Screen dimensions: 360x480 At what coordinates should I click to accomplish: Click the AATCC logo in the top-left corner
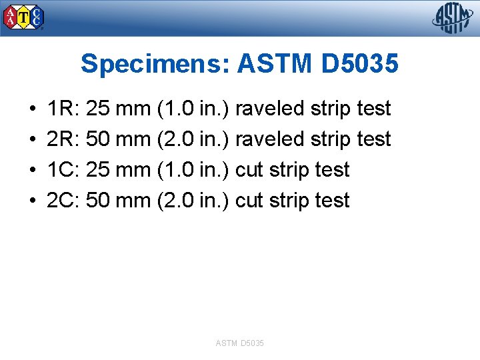pos(24,17)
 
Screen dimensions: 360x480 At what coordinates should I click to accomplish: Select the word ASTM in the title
pos(275,65)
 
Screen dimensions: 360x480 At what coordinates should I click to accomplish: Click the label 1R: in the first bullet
pos(64,109)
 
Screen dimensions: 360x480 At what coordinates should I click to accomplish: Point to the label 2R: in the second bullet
pos(64,139)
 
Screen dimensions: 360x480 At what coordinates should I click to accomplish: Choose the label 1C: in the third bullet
pos(64,170)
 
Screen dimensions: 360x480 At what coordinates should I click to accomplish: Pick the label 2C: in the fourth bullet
pos(64,201)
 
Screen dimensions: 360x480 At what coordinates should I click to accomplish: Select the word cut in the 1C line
pos(250,170)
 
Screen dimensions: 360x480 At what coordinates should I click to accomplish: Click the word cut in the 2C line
pos(250,201)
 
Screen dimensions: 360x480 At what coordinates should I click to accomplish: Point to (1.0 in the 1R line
pos(175,109)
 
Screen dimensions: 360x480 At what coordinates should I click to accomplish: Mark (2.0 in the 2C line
pos(175,201)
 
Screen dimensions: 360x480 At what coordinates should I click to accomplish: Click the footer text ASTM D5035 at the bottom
pos(240,343)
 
